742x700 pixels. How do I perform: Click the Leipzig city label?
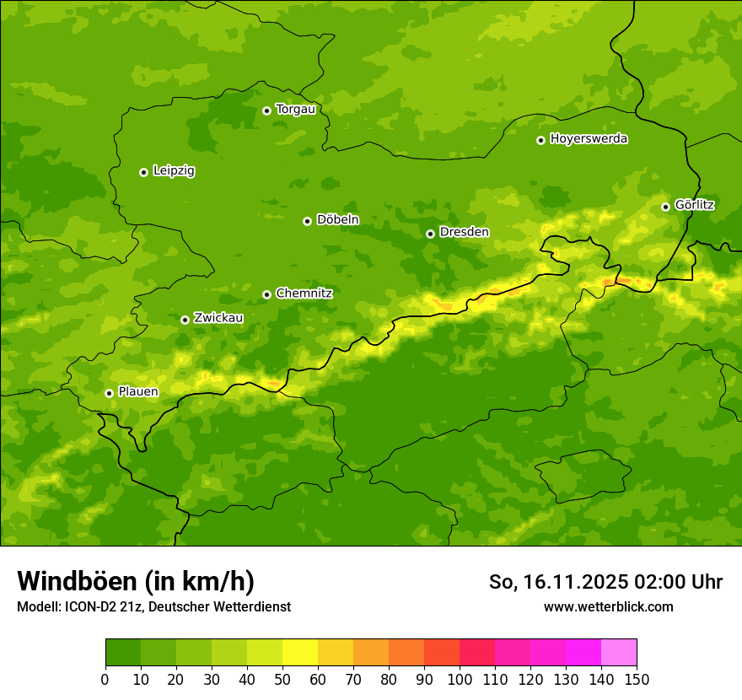174,171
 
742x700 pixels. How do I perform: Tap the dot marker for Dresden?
430,234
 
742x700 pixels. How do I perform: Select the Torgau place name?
295,110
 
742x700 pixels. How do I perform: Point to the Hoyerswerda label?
589,139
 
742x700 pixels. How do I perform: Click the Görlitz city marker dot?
665,207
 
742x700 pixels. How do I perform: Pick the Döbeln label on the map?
337,220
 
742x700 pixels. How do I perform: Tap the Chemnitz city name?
304,293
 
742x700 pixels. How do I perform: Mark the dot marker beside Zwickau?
185,320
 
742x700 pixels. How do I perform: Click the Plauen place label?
138,392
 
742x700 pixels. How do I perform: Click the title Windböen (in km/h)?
136,581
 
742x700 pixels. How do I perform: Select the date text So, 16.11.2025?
558,582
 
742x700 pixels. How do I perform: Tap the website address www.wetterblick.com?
608,606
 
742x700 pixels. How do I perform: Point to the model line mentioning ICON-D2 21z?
153,606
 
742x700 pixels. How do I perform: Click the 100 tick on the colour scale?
460,679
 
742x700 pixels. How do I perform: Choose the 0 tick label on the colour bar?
105,679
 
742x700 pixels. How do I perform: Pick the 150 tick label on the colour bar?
637,679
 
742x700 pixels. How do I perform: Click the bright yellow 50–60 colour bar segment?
300,653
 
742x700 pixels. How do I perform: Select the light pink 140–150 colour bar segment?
619,653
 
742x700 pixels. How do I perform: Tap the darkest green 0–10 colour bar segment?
123,653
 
